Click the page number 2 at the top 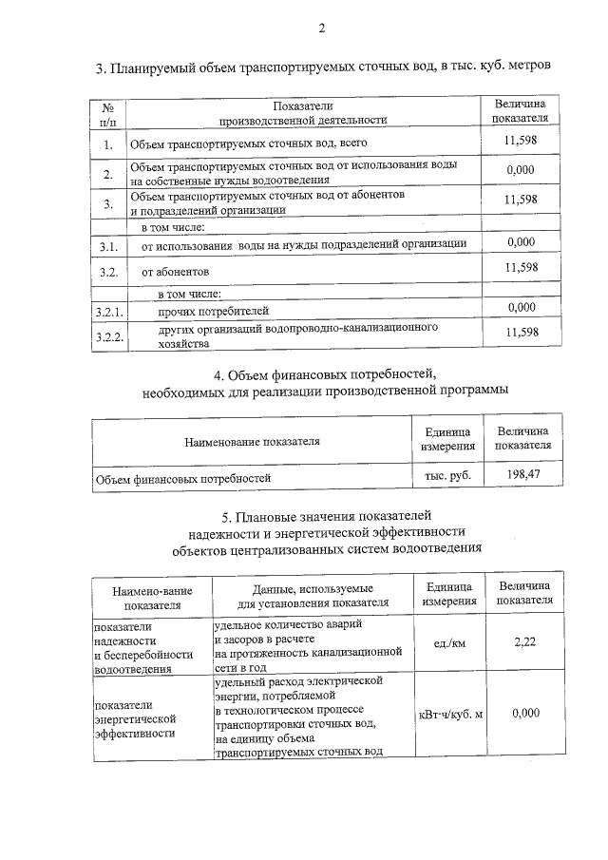[321, 28]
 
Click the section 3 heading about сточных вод [323, 68]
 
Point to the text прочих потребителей [214, 311]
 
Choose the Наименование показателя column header [252, 441]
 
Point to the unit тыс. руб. [447, 474]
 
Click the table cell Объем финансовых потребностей [183, 479]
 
